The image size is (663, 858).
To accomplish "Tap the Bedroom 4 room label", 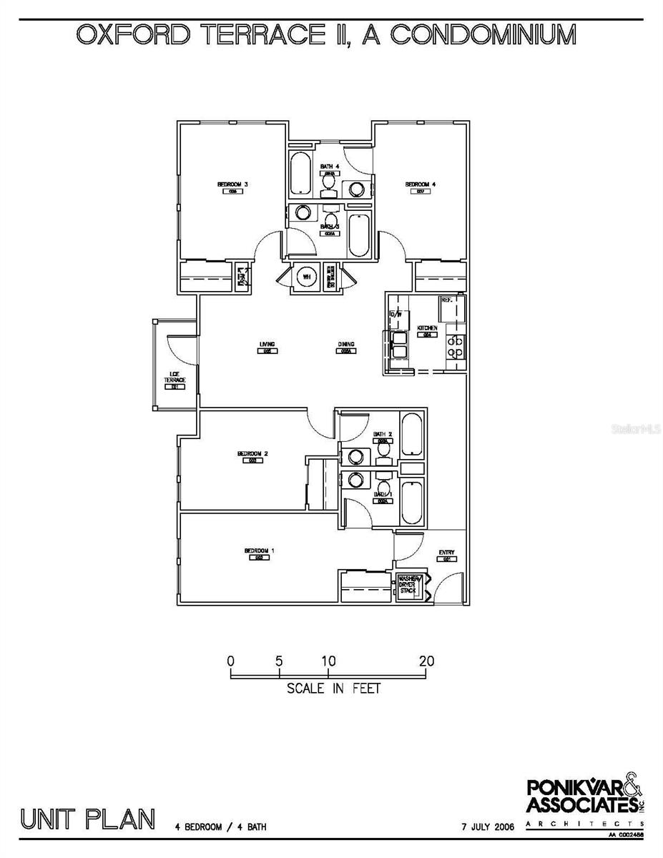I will coord(421,184).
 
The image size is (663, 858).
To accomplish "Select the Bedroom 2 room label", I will coord(252,453).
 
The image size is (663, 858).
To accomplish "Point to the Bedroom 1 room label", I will coord(260,551).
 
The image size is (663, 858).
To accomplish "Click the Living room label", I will coord(268,345).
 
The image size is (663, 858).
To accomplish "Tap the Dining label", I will coord(346,345).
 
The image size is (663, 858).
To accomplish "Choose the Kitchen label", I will coord(428,328).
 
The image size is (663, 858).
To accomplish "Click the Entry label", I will coord(446,553).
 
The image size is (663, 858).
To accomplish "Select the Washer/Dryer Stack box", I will coord(408,586).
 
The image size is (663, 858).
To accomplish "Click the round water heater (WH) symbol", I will coord(306,276).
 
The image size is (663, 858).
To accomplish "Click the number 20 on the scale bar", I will coord(426,661).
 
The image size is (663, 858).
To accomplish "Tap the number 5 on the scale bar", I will coord(279,661).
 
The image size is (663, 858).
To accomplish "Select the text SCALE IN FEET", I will coord(333,689).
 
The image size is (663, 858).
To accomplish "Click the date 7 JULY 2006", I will coord(488,827).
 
